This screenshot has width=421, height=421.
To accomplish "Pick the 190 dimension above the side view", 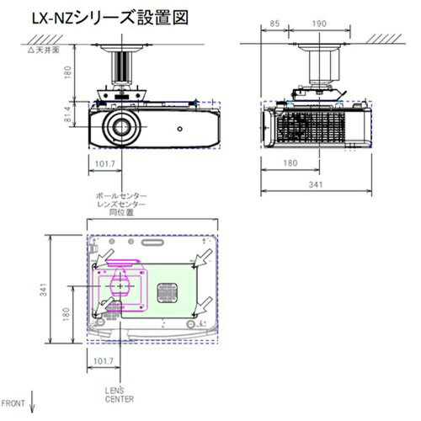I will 319,24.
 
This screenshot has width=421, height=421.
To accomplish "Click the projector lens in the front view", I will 121,130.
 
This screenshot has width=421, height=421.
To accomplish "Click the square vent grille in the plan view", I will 167,293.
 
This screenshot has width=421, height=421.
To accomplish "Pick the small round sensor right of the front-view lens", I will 179,130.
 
